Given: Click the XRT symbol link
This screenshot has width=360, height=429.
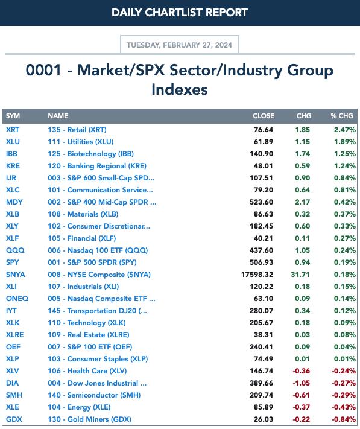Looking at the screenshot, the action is coord(13,129).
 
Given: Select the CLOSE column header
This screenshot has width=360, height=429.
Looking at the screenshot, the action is coord(264,116).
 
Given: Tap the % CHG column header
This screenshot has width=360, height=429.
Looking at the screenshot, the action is coord(342,116).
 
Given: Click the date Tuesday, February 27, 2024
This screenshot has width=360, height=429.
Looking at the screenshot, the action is coord(179,45).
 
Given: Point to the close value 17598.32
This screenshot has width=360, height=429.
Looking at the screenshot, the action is coord(257,275).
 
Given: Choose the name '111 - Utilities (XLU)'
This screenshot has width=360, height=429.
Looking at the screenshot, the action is coord(81,142).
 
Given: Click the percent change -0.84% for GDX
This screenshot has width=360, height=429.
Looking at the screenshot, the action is coord(344,419).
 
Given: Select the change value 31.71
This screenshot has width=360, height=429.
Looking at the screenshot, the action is coord(300,275).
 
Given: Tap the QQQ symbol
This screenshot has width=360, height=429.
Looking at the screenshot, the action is coord(15,250).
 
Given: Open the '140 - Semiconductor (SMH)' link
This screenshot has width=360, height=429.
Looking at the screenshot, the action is coord(94,395).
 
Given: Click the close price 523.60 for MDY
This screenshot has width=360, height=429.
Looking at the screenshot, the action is coord(261,202).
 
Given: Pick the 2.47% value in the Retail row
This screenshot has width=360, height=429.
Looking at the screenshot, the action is coord(345,129).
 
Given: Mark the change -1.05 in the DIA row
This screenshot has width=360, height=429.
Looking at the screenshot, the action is coord(302,383).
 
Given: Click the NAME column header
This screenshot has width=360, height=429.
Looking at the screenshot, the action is coord(58,116).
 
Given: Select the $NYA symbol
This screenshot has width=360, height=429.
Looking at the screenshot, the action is coord(15,275).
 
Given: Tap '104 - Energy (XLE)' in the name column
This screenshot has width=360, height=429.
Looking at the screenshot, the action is coord(79,407).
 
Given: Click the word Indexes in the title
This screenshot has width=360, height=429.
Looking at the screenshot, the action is coord(180,89).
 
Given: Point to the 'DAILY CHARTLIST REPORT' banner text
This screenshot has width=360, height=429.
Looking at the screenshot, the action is coord(180,13).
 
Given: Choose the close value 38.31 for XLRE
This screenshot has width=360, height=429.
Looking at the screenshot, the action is coord(264,335).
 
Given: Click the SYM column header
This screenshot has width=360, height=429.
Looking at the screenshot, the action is coord(13,116).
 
